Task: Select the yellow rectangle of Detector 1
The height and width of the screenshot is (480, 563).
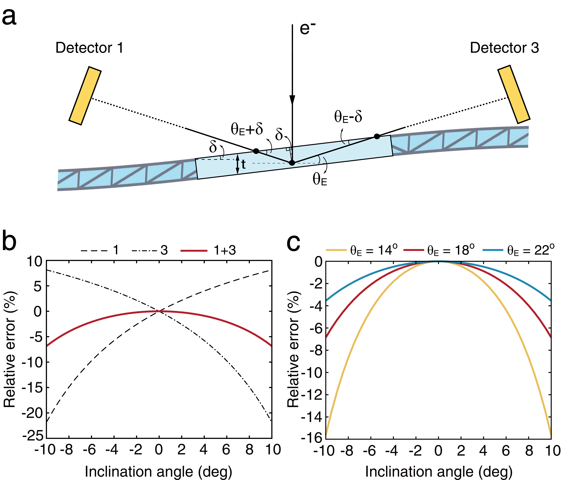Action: [x=85, y=96]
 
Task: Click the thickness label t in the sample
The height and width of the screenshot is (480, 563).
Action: [x=243, y=164]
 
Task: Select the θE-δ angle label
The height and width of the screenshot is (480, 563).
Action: [x=348, y=117]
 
